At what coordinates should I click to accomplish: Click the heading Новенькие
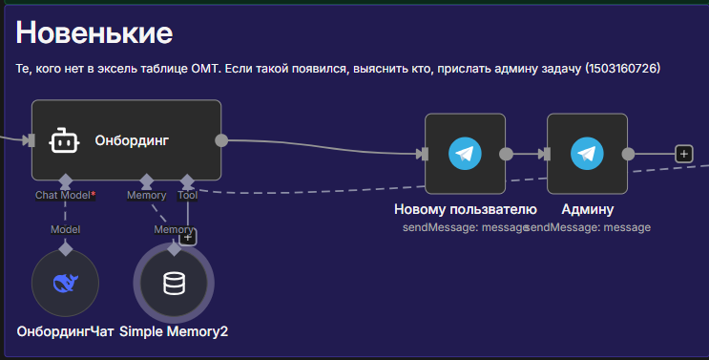[x=94, y=33]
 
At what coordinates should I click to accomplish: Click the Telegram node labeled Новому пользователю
[x=465, y=153]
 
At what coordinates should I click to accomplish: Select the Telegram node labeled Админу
[x=587, y=153]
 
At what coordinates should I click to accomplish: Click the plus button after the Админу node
[x=683, y=153]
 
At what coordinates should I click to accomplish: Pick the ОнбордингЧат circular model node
[x=65, y=284]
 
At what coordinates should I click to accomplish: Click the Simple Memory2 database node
[x=174, y=284]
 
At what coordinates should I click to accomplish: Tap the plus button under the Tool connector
[x=188, y=237]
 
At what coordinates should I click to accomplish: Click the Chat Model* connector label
[x=65, y=196]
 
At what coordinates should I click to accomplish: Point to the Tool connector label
[x=187, y=196]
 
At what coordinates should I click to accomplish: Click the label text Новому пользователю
[x=465, y=209]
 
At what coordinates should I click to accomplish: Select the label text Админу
[x=587, y=209]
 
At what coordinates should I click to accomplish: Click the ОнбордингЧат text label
[x=65, y=331]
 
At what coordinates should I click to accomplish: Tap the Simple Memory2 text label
[x=174, y=331]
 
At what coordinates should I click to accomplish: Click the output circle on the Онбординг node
[x=221, y=140]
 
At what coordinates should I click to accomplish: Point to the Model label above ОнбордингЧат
[x=65, y=229]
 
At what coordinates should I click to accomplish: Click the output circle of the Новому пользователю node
[x=506, y=153]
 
